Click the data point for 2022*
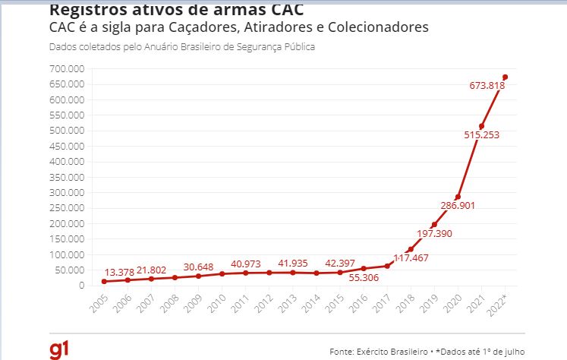[x=506, y=77]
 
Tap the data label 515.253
[x=481, y=135]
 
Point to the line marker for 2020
[x=458, y=197]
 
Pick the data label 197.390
[x=435, y=233]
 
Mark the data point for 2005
[x=103, y=282]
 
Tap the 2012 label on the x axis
[x=266, y=303]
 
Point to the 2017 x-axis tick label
[x=384, y=303]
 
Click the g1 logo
[x=60, y=349]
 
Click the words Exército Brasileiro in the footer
[x=395, y=352]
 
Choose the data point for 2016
[x=364, y=268]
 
